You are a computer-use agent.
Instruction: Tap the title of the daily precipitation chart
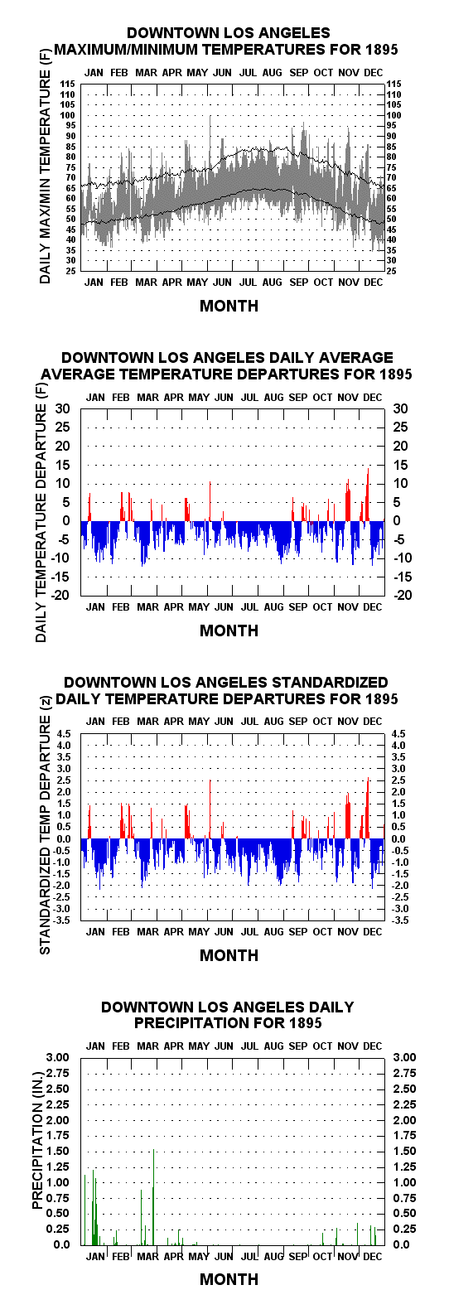[x=228, y=1015]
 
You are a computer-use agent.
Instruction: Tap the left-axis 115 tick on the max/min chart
[x=67, y=84]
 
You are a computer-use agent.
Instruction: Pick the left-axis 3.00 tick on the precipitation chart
[x=57, y=1057]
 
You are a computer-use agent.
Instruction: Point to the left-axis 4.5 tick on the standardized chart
[x=64, y=734]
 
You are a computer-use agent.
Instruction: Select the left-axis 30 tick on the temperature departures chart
[x=63, y=408]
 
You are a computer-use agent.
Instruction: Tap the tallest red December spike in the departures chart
[x=368, y=494]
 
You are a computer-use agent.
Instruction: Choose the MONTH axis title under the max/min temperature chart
[x=229, y=306]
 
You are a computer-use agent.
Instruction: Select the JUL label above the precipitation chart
[x=249, y=1046]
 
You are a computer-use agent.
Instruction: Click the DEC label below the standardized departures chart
[x=372, y=931]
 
